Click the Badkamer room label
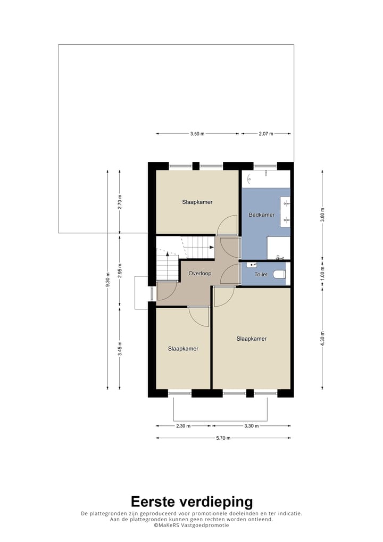coord(262,215)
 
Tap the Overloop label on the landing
coord(200,274)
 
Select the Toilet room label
coord(261,275)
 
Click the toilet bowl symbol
coord(280,274)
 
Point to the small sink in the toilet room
coord(252,265)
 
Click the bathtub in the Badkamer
coord(266,179)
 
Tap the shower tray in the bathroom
coord(278,248)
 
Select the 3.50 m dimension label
coord(197,134)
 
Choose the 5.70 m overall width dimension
coord(222,438)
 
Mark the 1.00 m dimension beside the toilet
coord(322,274)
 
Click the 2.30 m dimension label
coord(182,426)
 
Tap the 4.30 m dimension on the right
coord(322,339)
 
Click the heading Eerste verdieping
coord(191,501)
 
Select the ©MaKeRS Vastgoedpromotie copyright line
coord(191,525)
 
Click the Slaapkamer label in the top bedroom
coord(197,202)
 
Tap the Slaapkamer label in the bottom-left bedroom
coord(183,349)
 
